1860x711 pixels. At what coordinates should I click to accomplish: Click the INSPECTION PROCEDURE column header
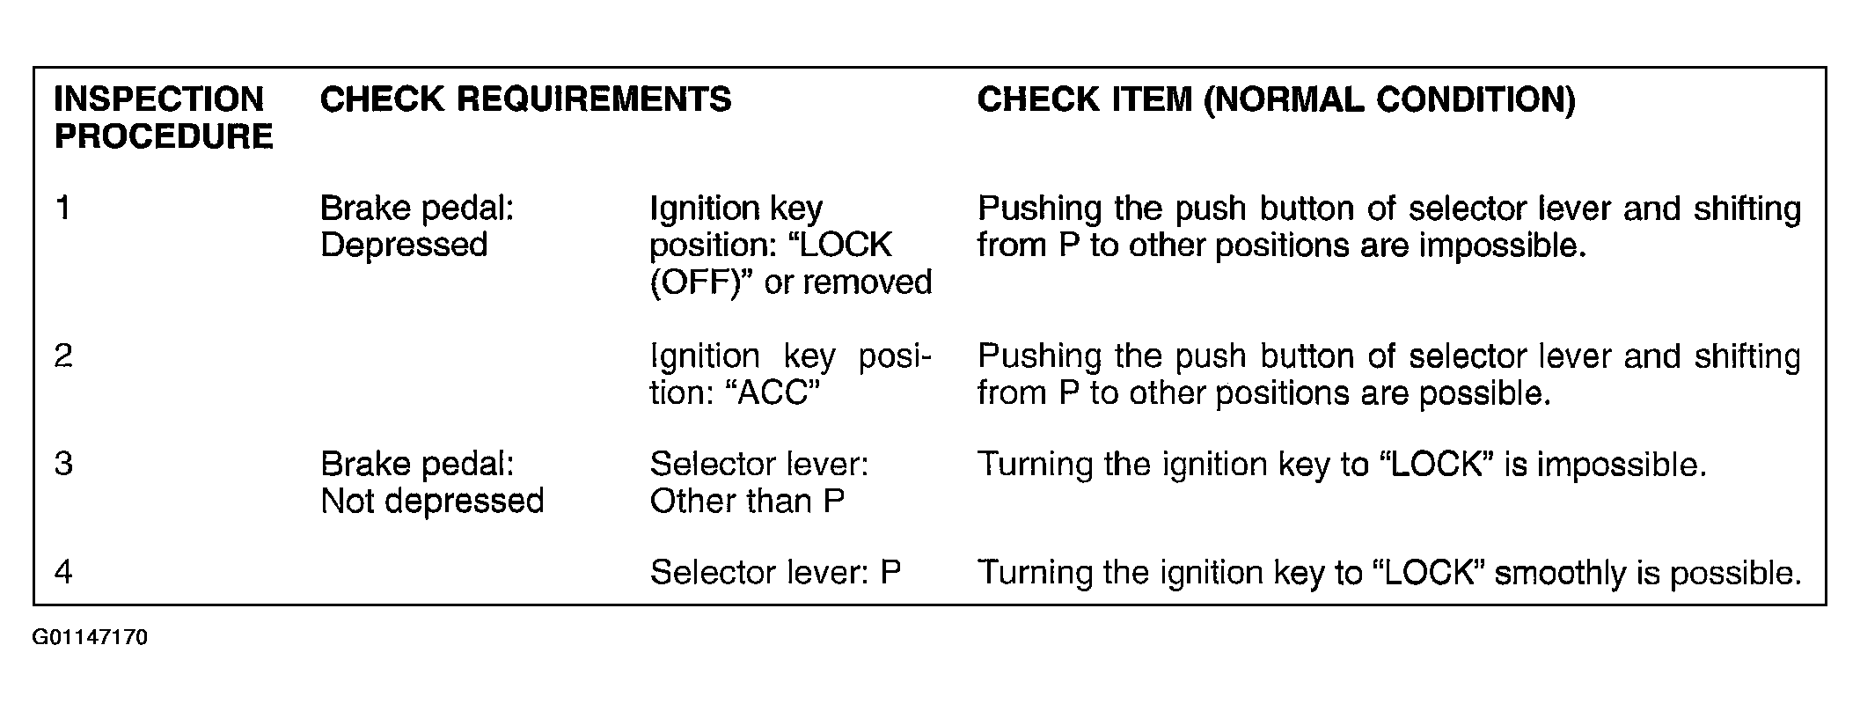(164, 118)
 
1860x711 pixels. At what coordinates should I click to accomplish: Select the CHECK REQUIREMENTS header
(525, 99)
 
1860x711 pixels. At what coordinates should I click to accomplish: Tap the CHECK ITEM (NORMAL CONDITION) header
(1276, 100)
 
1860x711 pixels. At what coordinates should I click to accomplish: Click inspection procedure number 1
(62, 209)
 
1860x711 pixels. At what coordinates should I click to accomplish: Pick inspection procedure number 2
(62, 356)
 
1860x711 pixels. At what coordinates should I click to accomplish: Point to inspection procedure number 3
(62, 464)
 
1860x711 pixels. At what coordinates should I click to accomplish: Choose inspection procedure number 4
(62, 572)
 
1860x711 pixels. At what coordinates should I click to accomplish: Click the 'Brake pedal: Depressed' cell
(417, 226)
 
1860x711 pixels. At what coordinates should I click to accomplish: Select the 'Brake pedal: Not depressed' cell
(432, 482)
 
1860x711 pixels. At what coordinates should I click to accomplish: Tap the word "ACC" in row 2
(771, 392)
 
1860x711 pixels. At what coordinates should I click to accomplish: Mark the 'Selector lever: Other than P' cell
(758, 482)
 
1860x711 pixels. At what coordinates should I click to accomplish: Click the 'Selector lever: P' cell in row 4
(775, 572)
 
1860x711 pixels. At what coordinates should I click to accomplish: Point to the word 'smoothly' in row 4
(1560, 574)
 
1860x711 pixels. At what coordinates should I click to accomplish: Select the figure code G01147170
(90, 637)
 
